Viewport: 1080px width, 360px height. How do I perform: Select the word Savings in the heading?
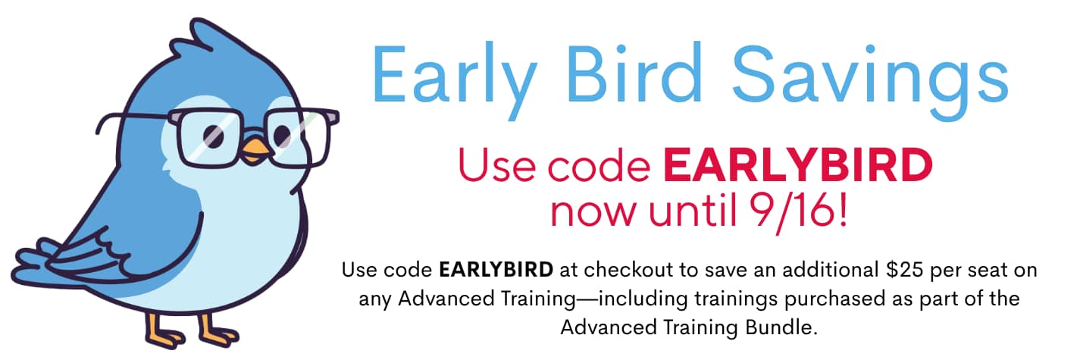click(x=870, y=80)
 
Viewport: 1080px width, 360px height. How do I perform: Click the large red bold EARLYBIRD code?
click(x=797, y=165)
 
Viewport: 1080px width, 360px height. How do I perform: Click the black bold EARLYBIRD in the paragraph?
click(x=496, y=270)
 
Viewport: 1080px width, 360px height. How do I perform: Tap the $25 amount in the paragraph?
click(x=904, y=270)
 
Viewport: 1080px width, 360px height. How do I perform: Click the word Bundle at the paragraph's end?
click(x=781, y=327)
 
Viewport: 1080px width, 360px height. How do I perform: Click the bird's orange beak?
click(x=256, y=152)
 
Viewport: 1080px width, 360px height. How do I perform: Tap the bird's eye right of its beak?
click(x=282, y=136)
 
